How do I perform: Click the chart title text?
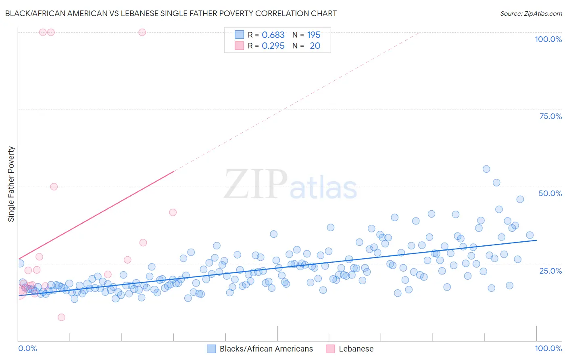click(171, 13)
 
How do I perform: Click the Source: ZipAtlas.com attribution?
click(531, 13)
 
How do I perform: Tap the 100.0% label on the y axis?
click(548, 39)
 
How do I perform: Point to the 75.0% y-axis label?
click(550, 116)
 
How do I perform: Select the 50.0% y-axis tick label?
click(550, 193)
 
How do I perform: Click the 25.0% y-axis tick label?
click(550, 271)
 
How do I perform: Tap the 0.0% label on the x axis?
click(27, 348)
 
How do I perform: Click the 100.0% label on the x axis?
click(548, 348)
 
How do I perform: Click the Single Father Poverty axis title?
click(11, 184)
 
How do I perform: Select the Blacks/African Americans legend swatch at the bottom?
click(211, 349)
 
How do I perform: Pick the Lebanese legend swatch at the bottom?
click(330, 349)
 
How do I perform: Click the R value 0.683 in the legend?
click(273, 35)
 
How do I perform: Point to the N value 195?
click(314, 35)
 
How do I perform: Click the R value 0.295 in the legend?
click(273, 46)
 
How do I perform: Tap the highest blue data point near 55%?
click(486, 169)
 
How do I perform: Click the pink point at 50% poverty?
click(54, 186)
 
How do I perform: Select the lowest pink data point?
click(61, 317)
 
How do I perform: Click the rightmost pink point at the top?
click(142, 32)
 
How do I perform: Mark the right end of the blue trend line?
click(536, 240)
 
